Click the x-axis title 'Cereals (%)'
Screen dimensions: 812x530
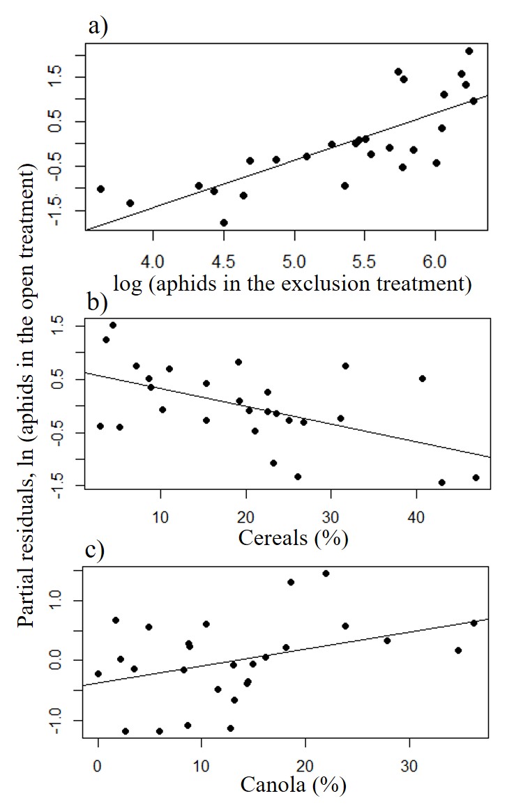[x=293, y=538]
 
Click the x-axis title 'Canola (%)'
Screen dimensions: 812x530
[x=293, y=786]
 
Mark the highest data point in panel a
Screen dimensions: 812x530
[x=469, y=51]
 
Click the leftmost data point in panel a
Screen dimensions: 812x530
[x=100, y=189]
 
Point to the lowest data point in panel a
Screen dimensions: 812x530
[x=224, y=222]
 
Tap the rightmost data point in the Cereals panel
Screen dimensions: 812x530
[x=476, y=477]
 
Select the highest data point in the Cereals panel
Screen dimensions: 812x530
[x=113, y=325]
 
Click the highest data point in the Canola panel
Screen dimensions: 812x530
[x=326, y=573]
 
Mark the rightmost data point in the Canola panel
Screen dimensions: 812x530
[x=474, y=622]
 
